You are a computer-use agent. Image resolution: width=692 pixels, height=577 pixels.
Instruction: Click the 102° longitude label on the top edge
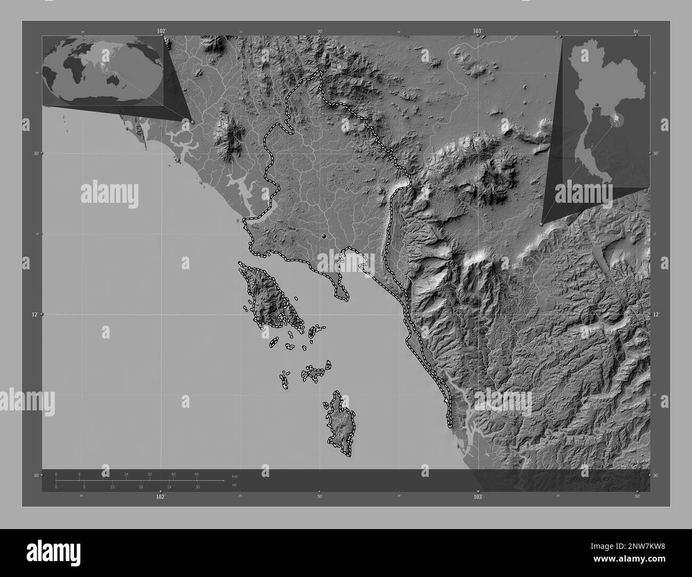[x=161, y=31]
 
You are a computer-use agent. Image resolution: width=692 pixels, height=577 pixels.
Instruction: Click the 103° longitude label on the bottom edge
[x=478, y=496]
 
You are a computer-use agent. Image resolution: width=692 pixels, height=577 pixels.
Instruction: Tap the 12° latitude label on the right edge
[x=657, y=315]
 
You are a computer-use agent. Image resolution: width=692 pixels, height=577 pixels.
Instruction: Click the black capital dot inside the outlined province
[x=324, y=236]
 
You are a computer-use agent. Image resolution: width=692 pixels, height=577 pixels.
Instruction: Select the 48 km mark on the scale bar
[x=196, y=474]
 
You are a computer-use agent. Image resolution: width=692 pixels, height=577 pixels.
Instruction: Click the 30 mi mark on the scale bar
[x=197, y=487]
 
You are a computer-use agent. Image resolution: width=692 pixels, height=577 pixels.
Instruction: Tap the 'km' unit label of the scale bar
[x=234, y=475]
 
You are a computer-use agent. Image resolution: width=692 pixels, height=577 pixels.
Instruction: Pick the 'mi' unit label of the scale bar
[x=234, y=485]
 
